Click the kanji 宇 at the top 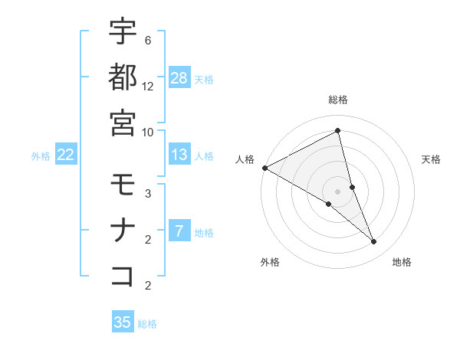pos(123,32)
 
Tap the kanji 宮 pos(123,122)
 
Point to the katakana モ pos(123,185)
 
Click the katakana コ pos(123,275)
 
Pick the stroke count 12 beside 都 pos(148,87)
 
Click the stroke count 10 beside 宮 pos(148,132)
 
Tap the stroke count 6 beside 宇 pos(148,41)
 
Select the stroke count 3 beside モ pos(148,194)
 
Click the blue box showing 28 pos(179,77)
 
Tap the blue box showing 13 pos(179,155)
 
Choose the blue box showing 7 pos(179,231)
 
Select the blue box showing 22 pos(66,155)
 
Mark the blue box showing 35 pos(123,322)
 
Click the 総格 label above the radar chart pos(338,100)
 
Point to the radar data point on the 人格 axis pos(264,168)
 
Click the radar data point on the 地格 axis pos(374,242)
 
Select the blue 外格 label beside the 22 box pos(41,156)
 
